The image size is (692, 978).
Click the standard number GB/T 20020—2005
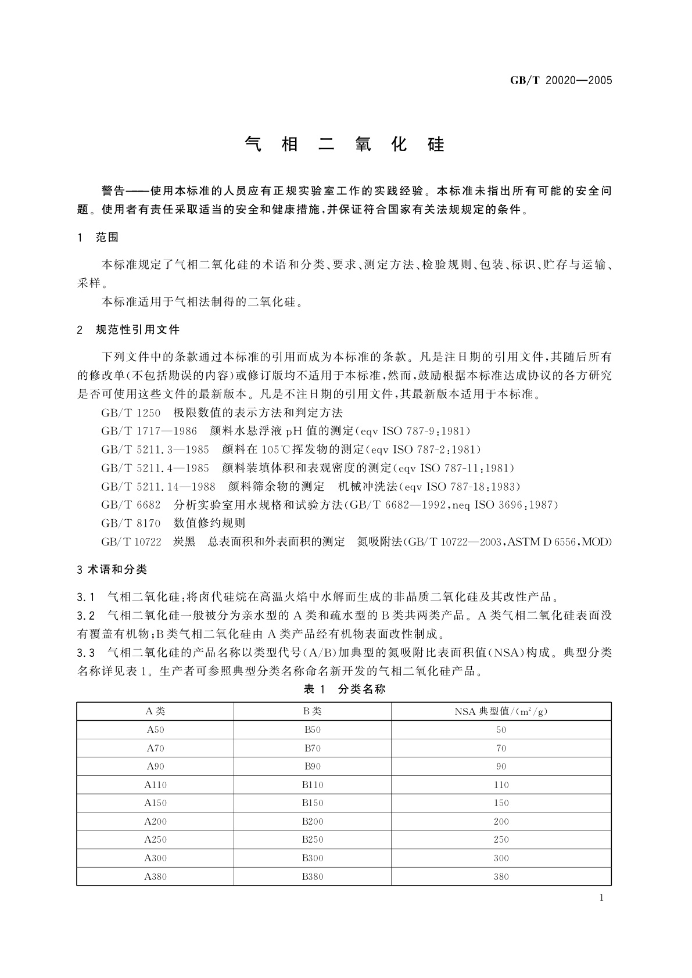pyautogui.click(x=561, y=81)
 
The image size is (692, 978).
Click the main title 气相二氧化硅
pyautogui.click(x=345, y=144)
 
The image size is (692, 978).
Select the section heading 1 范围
pyautogui.click(x=98, y=238)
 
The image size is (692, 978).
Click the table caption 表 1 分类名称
pyautogui.click(x=345, y=689)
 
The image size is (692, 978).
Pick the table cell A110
pyautogui.click(x=155, y=785)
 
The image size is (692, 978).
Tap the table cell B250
pyautogui.click(x=313, y=839)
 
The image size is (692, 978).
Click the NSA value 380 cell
pyautogui.click(x=501, y=876)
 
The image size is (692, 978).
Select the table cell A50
pyautogui.click(x=155, y=730)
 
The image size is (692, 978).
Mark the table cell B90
pyautogui.click(x=313, y=767)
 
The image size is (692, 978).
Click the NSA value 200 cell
pyautogui.click(x=501, y=821)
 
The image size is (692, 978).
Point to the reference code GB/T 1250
pyautogui.click(x=131, y=413)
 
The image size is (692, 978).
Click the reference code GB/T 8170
pyautogui.click(x=131, y=523)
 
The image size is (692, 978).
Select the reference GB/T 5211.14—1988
pyautogui.click(x=158, y=487)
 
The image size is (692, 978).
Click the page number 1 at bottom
pyautogui.click(x=601, y=898)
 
